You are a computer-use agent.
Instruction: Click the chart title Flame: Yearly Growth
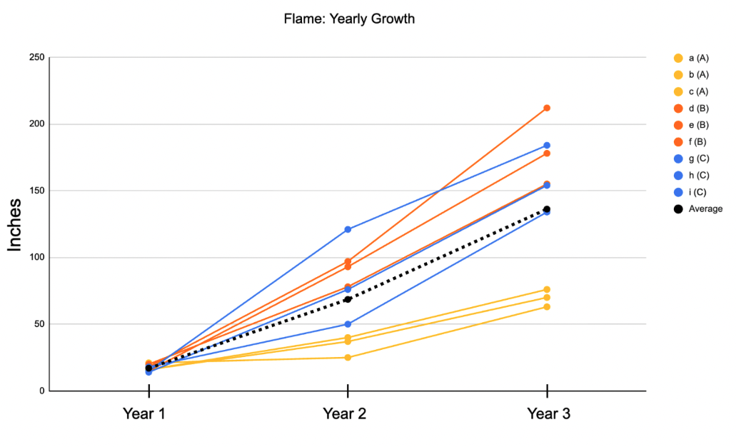point(349,19)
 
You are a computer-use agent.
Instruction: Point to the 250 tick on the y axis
point(36,58)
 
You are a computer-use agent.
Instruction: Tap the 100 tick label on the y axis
point(36,258)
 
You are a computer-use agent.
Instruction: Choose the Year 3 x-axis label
point(548,413)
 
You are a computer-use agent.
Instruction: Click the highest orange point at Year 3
point(547,108)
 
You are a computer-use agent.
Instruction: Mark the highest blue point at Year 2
point(348,229)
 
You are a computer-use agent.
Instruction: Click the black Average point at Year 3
point(547,209)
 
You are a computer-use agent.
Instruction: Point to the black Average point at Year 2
point(348,299)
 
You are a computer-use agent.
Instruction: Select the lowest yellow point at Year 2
point(348,357)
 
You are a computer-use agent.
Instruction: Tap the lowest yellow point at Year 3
point(547,306)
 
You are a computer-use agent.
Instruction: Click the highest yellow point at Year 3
point(547,289)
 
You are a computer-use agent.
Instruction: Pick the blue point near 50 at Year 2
point(348,324)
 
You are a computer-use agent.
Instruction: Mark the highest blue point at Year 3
point(547,146)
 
